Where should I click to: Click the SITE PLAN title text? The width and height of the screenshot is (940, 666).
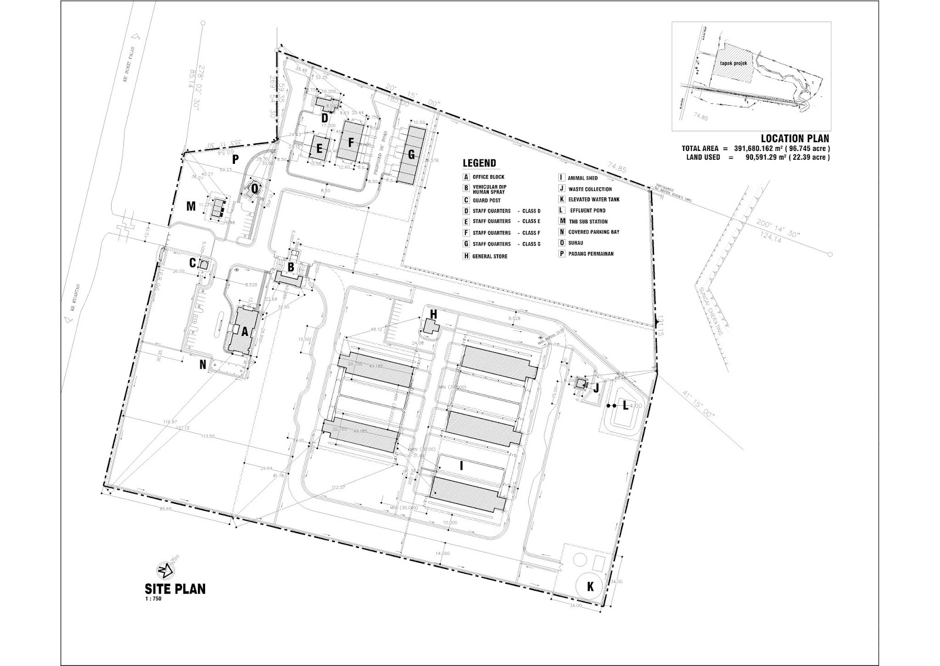click(x=175, y=588)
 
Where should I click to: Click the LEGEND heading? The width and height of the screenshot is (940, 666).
click(x=479, y=163)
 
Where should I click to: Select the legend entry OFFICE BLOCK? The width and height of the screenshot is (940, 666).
click(x=488, y=177)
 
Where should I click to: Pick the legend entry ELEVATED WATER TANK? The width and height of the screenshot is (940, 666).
click(x=593, y=200)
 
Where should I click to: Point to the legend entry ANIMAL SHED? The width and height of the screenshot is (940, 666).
click(x=582, y=178)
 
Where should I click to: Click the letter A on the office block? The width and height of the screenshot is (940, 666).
click(x=244, y=331)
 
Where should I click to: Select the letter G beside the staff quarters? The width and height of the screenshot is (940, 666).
click(x=411, y=154)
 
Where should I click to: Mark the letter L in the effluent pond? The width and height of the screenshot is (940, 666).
click(x=625, y=405)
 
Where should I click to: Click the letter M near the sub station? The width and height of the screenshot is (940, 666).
click(x=190, y=206)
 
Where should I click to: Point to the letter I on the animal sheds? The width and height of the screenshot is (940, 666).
click(x=462, y=466)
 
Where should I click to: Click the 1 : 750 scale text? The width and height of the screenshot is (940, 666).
click(x=153, y=600)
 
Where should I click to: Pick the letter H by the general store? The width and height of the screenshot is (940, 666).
click(x=434, y=315)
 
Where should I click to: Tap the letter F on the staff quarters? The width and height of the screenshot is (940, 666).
click(x=352, y=142)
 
